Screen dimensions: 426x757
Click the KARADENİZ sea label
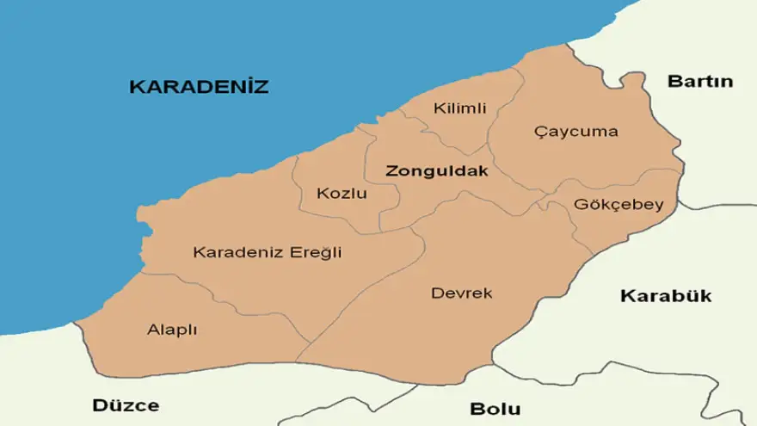tap(199, 87)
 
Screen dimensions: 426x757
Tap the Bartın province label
tap(700, 82)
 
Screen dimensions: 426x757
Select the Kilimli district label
tap(460, 108)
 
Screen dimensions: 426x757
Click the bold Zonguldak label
tap(437, 170)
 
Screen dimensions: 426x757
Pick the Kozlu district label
tap(342, 193)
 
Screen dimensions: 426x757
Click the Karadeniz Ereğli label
tap(267, 252)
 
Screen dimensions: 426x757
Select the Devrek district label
tap(462, 293)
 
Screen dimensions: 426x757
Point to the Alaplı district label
tap(172, 330)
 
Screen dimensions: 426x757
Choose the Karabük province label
tap(666, 296)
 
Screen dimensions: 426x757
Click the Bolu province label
tap(495, 408)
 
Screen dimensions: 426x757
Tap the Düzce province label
tap(126, 405)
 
